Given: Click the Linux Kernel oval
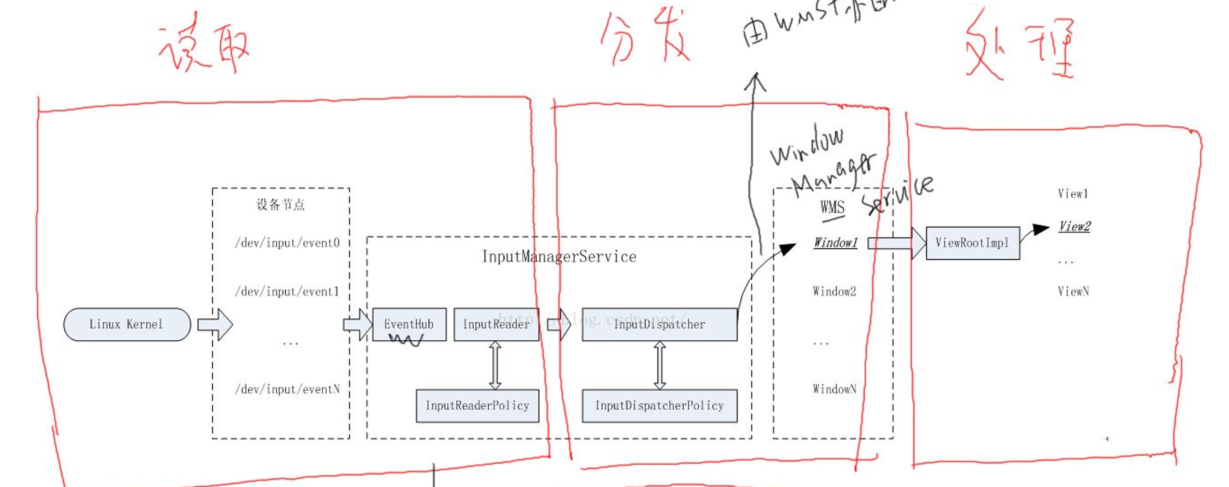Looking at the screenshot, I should [x=127, y=324].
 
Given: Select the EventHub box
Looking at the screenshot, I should [x=409, y=324].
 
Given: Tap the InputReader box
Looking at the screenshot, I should [x=496, y=324].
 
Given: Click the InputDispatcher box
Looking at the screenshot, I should [x=660, y=324].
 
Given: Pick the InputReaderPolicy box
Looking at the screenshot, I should [x=477, y=406].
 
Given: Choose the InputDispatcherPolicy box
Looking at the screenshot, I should [x=660, y=406].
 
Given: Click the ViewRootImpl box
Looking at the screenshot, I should [x=972, y=243].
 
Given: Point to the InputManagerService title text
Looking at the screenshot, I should [x=559, y=257].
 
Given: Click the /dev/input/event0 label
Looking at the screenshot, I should [x=287, y=243].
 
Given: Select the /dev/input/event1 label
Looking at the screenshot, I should [x=287, y=292].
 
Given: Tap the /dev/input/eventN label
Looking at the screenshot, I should [x=287, y=389].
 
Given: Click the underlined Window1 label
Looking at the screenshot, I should [x=835, y=243].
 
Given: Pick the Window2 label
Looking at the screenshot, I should [x=834, y=292].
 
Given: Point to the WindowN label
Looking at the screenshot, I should [x=834, y=389].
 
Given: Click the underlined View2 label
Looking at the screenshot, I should [x=1074, y=227].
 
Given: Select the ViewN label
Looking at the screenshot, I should [x=1073, y=292].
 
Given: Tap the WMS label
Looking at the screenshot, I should [x=832, y=208].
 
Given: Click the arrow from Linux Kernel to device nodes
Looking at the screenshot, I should [x=215, y=324].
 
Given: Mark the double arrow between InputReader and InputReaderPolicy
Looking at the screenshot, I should [x=496, y=365].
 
